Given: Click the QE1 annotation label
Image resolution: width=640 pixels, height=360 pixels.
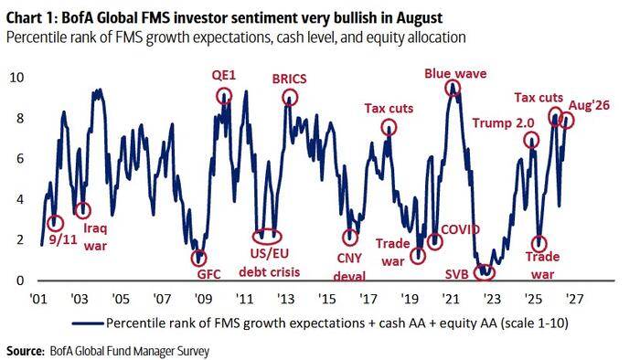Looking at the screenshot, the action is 224,76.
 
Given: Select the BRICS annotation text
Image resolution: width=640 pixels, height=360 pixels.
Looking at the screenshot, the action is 290,79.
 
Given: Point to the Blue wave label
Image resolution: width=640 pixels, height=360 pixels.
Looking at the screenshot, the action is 455,73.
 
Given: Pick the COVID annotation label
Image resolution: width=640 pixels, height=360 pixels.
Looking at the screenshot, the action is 461,229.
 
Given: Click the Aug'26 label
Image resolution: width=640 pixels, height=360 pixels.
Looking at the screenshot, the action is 589,105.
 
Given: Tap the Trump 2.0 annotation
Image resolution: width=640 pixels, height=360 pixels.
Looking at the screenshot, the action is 503,123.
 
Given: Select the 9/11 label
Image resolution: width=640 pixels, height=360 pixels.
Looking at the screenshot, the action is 63,239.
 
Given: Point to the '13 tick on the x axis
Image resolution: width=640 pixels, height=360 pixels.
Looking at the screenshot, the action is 285,299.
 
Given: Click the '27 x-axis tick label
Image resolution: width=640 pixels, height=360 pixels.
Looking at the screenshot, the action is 573,299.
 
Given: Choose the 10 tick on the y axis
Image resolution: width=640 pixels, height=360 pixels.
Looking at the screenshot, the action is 16,77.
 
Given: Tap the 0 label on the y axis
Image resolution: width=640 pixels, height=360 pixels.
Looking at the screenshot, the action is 20,281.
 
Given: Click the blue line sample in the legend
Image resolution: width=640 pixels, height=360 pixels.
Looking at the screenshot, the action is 88,323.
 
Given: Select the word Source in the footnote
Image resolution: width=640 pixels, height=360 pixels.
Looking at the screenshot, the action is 26,351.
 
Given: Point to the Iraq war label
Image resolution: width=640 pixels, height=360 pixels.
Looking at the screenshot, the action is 95,237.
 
